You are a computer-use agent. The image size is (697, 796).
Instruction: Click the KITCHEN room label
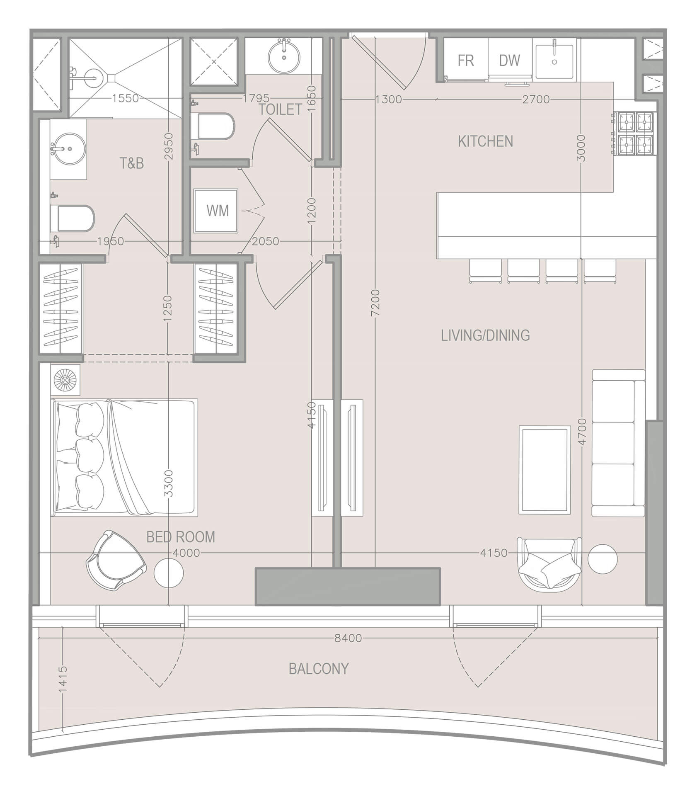pos(485,142)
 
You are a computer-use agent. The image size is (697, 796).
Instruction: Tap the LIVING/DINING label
pos(485,335)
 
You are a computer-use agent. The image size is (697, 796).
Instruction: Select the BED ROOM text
pos(181,537)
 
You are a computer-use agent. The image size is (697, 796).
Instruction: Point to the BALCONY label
pos(319,669)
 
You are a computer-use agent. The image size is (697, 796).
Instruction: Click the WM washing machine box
pos(217,211)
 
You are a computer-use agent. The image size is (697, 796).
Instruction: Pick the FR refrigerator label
pos(465,61)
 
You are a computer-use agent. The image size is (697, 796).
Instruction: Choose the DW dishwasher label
pos(509,61)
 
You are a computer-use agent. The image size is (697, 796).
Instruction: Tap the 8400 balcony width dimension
pos(348,638)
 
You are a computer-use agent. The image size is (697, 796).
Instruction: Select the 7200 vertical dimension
pos(375,303)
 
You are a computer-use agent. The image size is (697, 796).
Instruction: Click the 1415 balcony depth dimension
pos(63,679)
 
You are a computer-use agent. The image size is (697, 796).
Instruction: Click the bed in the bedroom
pos(124,458)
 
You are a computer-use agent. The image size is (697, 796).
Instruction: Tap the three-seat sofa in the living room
pos(618,443)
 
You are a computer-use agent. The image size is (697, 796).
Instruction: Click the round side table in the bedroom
pos(169,573)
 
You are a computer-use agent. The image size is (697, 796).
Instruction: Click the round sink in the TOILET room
pos(284,56)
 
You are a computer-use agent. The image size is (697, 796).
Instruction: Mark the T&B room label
pos(132,164)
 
